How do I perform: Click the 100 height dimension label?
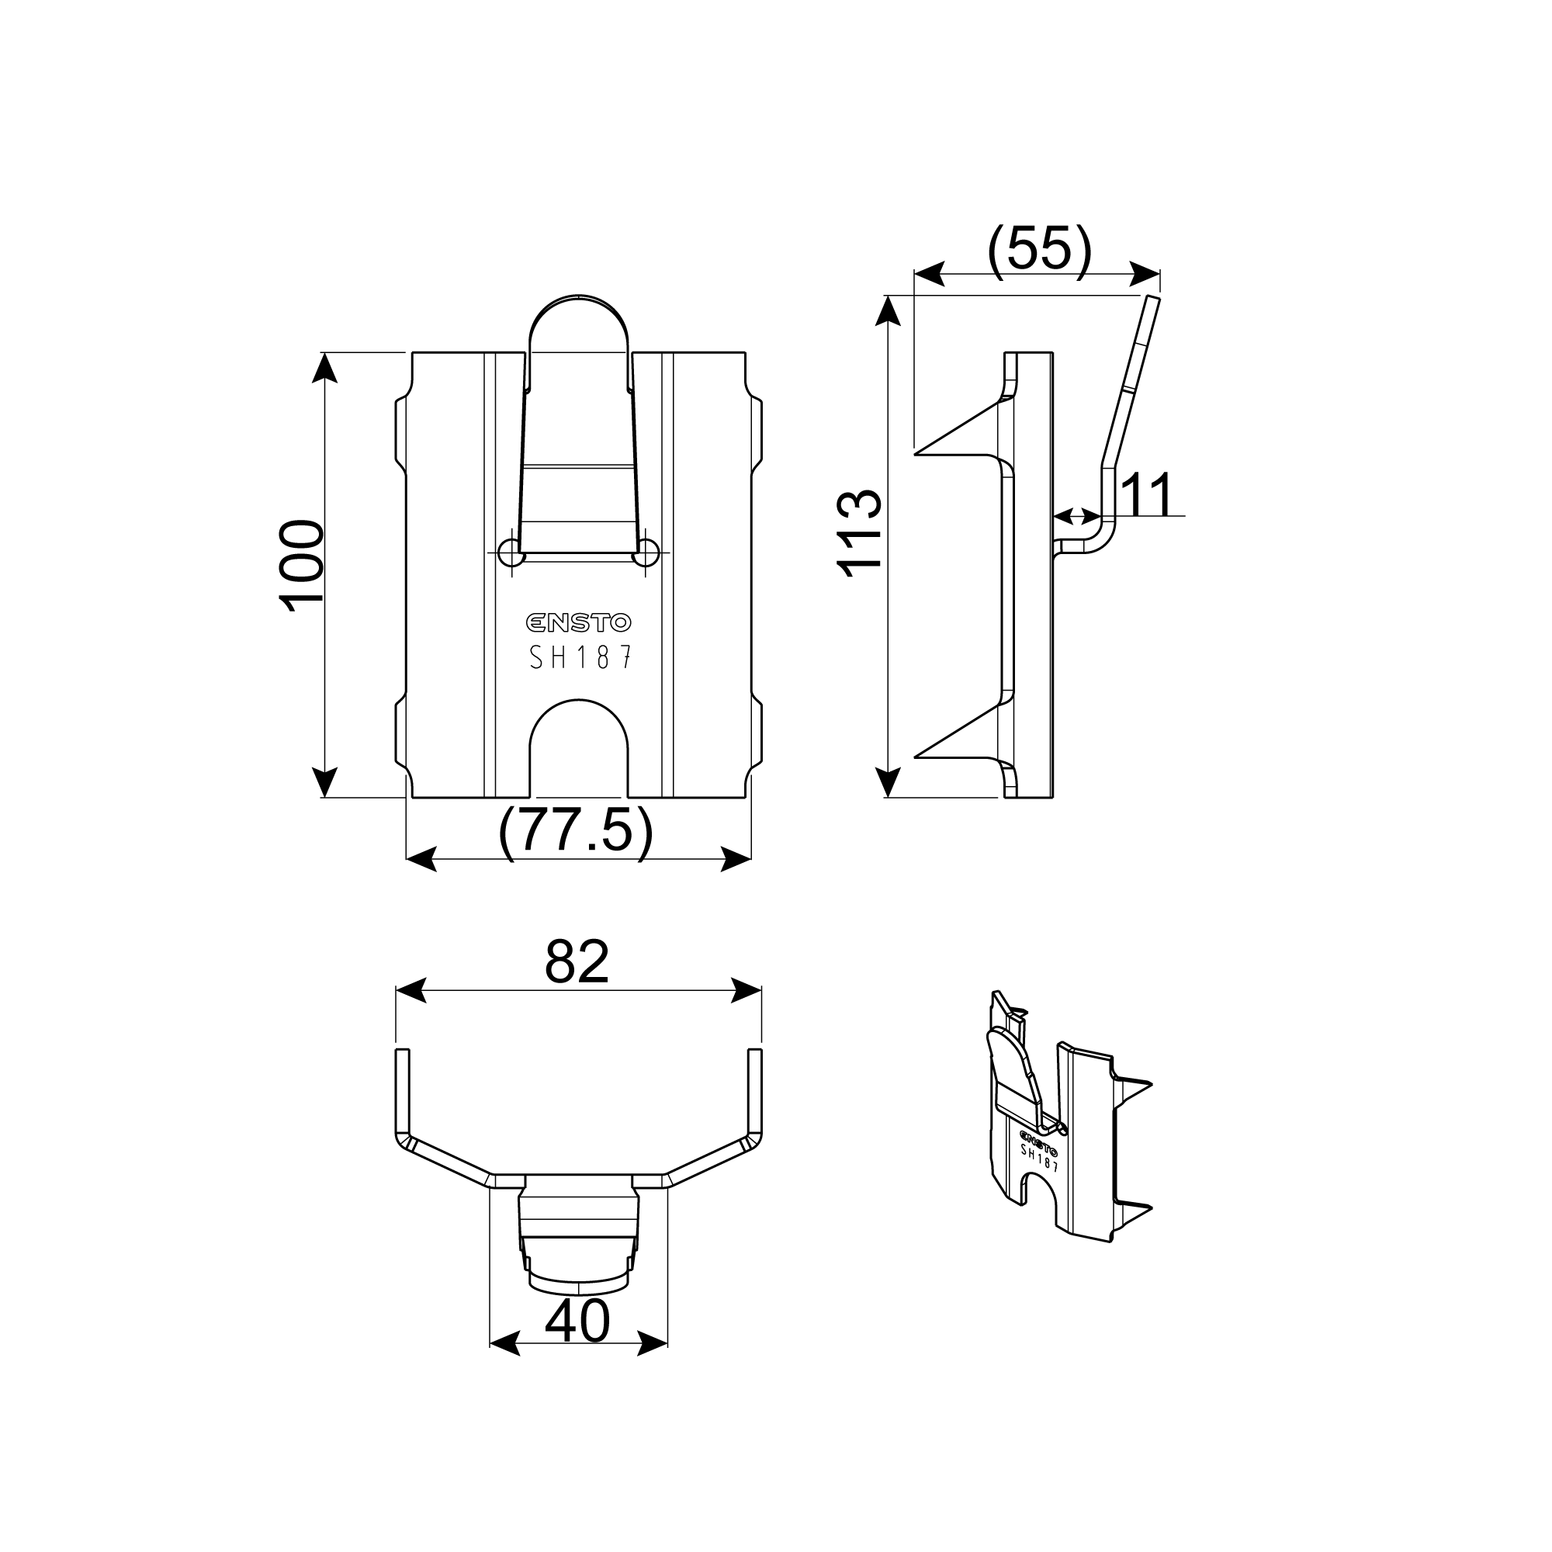301,566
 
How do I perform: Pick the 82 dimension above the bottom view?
577,961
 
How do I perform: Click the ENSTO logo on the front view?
578,622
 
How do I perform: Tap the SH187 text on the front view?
580,658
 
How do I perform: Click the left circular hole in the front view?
511,553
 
